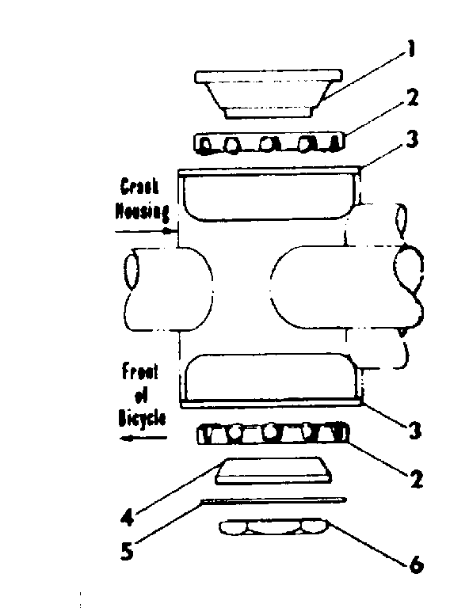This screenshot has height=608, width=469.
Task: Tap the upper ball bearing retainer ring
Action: [x=268, y=142]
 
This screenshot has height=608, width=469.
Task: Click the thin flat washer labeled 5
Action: [x=273, y=500]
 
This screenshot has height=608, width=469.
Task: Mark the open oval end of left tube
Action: [x=132, y=272]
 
